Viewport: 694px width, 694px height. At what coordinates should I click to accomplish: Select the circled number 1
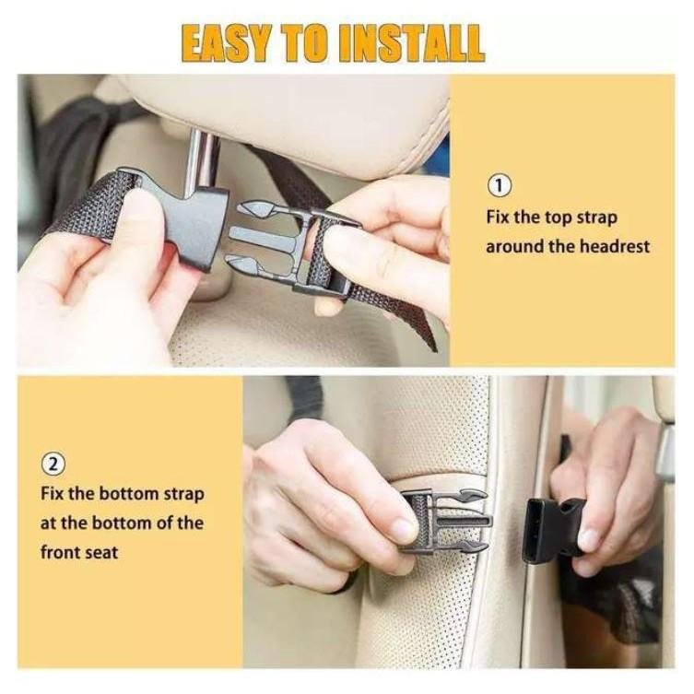coord(500,186)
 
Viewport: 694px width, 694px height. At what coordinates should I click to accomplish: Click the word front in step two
coord(60,552)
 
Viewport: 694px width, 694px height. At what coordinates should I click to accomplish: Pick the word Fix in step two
coord(53,493)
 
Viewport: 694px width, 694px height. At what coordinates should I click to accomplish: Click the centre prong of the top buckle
coord(262,235)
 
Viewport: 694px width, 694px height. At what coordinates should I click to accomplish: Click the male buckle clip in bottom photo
coord(447,522)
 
